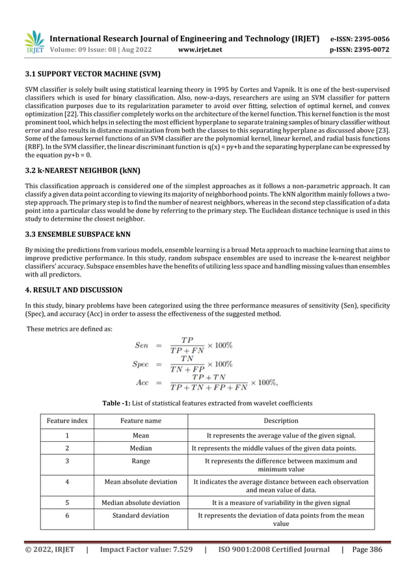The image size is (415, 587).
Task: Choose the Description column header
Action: coord(281,421)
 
